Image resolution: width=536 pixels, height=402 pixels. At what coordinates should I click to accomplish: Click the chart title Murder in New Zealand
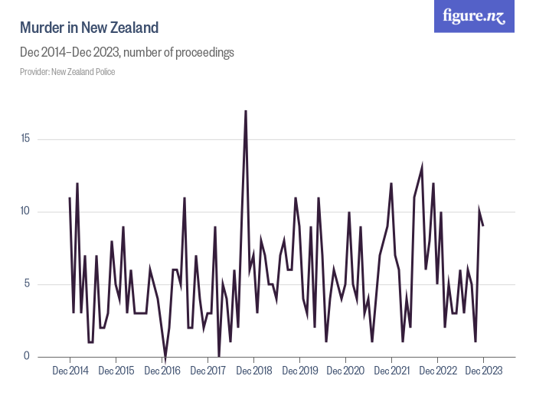pos(89,28)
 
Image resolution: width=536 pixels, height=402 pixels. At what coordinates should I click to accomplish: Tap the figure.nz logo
pos(474,16)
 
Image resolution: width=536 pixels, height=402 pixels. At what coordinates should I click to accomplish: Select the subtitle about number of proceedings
pos(126,53)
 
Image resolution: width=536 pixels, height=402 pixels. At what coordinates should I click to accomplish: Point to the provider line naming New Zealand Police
pos(67,72)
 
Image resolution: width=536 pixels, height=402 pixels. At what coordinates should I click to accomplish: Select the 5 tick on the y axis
pos(27,284)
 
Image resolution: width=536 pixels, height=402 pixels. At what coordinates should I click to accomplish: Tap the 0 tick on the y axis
pos(27,356)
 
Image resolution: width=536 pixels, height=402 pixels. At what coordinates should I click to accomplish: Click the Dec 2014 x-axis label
pos(70,371)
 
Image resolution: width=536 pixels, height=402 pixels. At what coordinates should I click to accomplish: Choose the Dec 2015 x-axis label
pos(116,371)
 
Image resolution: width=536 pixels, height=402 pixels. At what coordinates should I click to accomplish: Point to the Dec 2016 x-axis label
pos(162,371)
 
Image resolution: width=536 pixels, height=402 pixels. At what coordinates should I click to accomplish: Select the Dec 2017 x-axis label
pos(208,371)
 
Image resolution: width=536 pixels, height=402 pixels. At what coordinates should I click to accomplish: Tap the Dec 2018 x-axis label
pos(253,371)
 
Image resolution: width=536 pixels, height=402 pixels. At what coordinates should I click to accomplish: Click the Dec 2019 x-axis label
pos(299,371)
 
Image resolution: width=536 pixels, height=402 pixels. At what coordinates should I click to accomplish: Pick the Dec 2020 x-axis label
pos(345,371)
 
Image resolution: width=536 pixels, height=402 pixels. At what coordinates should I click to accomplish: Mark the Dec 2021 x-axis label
pos(391,371)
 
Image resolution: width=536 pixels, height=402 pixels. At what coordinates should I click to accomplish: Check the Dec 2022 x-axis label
pos(437,371)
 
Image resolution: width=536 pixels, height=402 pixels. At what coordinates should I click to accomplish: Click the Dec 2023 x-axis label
pos(483,371)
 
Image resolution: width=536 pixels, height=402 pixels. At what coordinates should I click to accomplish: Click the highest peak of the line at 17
pos(246,111)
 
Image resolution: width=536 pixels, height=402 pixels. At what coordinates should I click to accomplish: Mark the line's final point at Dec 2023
pos(483,226)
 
